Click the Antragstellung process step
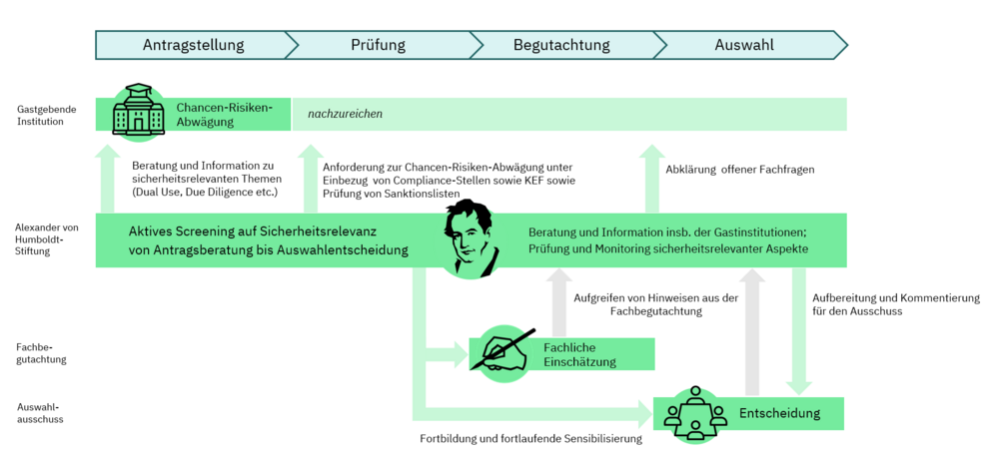click(x=193, y=45)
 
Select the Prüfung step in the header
click(x=378, y=45)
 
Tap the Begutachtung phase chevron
click(x=560, y=45)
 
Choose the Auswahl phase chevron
click(x=744, y=45)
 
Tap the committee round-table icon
click(x=692, y=413)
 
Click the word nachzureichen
click(x=345, y=115)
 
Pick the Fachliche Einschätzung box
click(x=580, y=354)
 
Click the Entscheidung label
click(x=779, y=413)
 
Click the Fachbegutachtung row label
click(x=41, y=354)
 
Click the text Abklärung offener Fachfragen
click(x=739, y=170)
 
